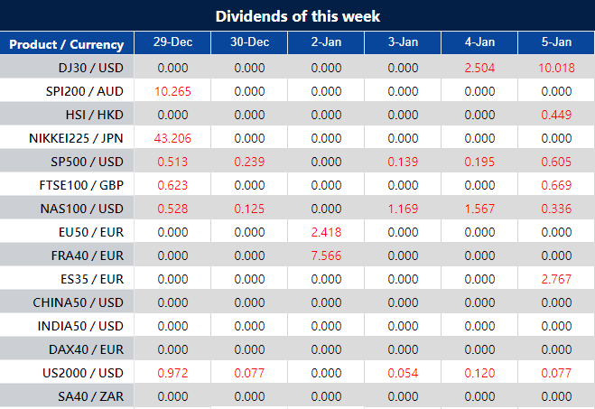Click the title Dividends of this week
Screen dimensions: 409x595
click(x=297, y=16)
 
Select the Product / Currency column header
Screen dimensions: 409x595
click(x=67, y=44)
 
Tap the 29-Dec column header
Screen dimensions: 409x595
click(x=172, y=43)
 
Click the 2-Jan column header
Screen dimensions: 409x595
click(x=326, y=43)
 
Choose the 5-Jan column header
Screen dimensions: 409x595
click(x=556, y=43)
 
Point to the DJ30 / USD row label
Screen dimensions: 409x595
click(x=89, y=68)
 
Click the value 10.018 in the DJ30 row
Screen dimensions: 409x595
click(x=556, y=68)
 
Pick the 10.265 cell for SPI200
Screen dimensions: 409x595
click(x=172, y=91)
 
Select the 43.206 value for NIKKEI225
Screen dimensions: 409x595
click(x=172, y=138)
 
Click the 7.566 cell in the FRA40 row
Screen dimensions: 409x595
click(x=326, y=256)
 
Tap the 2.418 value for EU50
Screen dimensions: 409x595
click(x=326, y=232)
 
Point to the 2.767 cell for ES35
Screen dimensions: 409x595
click(x=556, y=279)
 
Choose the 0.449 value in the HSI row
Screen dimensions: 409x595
click(x=556, y=115)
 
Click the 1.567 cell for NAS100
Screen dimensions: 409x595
click(x=479, y=209)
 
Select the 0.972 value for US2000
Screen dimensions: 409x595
click(x=172, y=373)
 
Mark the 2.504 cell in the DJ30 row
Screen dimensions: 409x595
click(x=479, y=68)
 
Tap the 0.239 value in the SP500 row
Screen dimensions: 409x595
click(x=249, y=162)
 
